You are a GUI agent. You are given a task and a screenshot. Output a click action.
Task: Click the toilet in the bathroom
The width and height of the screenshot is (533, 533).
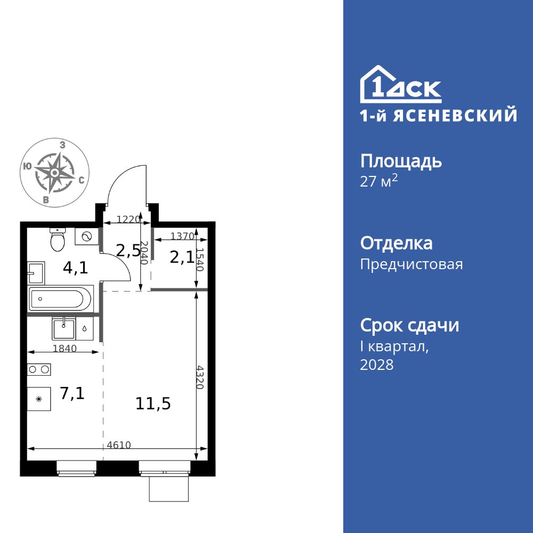tap(57, 240)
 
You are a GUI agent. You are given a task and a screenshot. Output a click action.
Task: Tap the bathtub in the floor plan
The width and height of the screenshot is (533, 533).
tap(61, 298)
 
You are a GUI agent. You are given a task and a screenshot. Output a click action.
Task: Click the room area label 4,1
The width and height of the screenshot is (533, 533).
tap(76, 268)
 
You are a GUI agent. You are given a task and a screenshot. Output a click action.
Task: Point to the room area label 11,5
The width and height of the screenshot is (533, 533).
tap(153, 403)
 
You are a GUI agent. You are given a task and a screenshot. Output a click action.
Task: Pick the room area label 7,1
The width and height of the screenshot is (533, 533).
tap(72, 393)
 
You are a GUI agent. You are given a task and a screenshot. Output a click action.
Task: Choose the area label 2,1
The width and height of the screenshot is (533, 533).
tap(182, 257)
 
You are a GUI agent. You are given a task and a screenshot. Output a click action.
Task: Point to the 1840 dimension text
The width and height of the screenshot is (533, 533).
tap(65, 349)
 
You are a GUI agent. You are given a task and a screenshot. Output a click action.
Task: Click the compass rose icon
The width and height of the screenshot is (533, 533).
tap(54, 173)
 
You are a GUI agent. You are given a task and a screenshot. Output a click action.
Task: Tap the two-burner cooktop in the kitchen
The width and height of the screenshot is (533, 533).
tap(39, 369)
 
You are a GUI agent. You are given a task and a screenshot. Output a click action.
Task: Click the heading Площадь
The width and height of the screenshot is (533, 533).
tap(401, 161)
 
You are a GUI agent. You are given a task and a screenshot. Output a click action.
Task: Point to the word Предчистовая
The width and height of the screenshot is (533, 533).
tap(411, 264)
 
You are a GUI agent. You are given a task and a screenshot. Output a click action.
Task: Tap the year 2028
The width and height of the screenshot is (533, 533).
tap(377, 365)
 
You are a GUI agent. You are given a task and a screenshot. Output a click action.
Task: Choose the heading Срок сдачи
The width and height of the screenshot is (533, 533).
tap(409, 325)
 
